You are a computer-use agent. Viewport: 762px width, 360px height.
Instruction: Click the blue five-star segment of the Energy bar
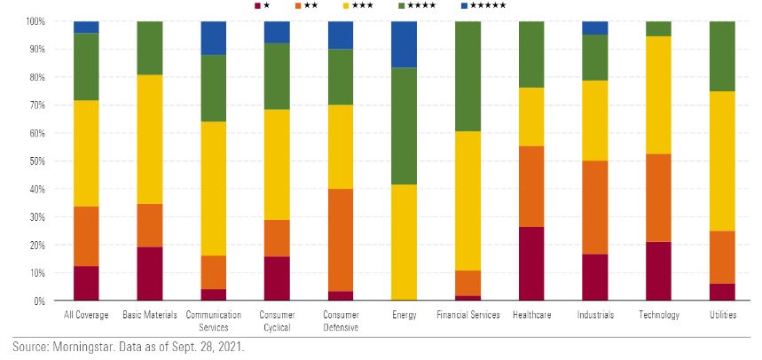[404, 44]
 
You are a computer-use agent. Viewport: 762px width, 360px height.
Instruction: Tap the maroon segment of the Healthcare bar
[530, 263]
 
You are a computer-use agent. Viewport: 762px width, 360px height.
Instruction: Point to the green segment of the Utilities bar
[722, 56]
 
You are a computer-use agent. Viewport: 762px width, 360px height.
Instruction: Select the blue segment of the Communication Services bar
[213, 38]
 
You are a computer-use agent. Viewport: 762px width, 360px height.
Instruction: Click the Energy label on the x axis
[404, 315]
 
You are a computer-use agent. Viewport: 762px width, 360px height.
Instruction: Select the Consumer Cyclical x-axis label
[277, 320]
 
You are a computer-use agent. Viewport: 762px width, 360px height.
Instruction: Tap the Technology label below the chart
[658, 315]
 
